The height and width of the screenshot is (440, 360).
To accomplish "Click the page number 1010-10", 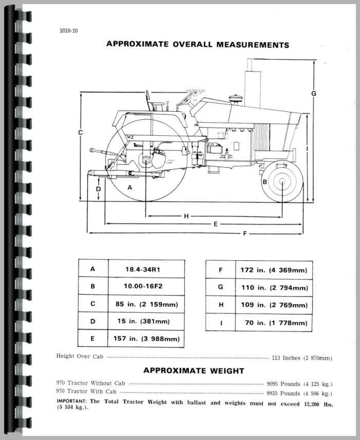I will pos(68,30).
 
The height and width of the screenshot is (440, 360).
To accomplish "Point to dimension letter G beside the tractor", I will pos(313,93).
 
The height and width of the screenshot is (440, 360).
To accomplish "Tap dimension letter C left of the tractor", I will pos(80,133).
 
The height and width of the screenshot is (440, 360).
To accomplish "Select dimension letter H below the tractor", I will pos(186,216).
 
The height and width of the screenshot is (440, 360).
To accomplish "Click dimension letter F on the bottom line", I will pos(245,234).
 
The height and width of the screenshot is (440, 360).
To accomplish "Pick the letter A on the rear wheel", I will pos(130,188).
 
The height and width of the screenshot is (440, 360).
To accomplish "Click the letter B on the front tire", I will pos(264,182).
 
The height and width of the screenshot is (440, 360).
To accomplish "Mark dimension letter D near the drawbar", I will pos(98,189).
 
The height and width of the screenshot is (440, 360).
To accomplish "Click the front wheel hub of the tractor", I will pos(282,181).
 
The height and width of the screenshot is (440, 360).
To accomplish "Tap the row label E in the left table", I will pos(93,339).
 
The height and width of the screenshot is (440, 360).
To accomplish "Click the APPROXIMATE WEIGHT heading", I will pos(193,371).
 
